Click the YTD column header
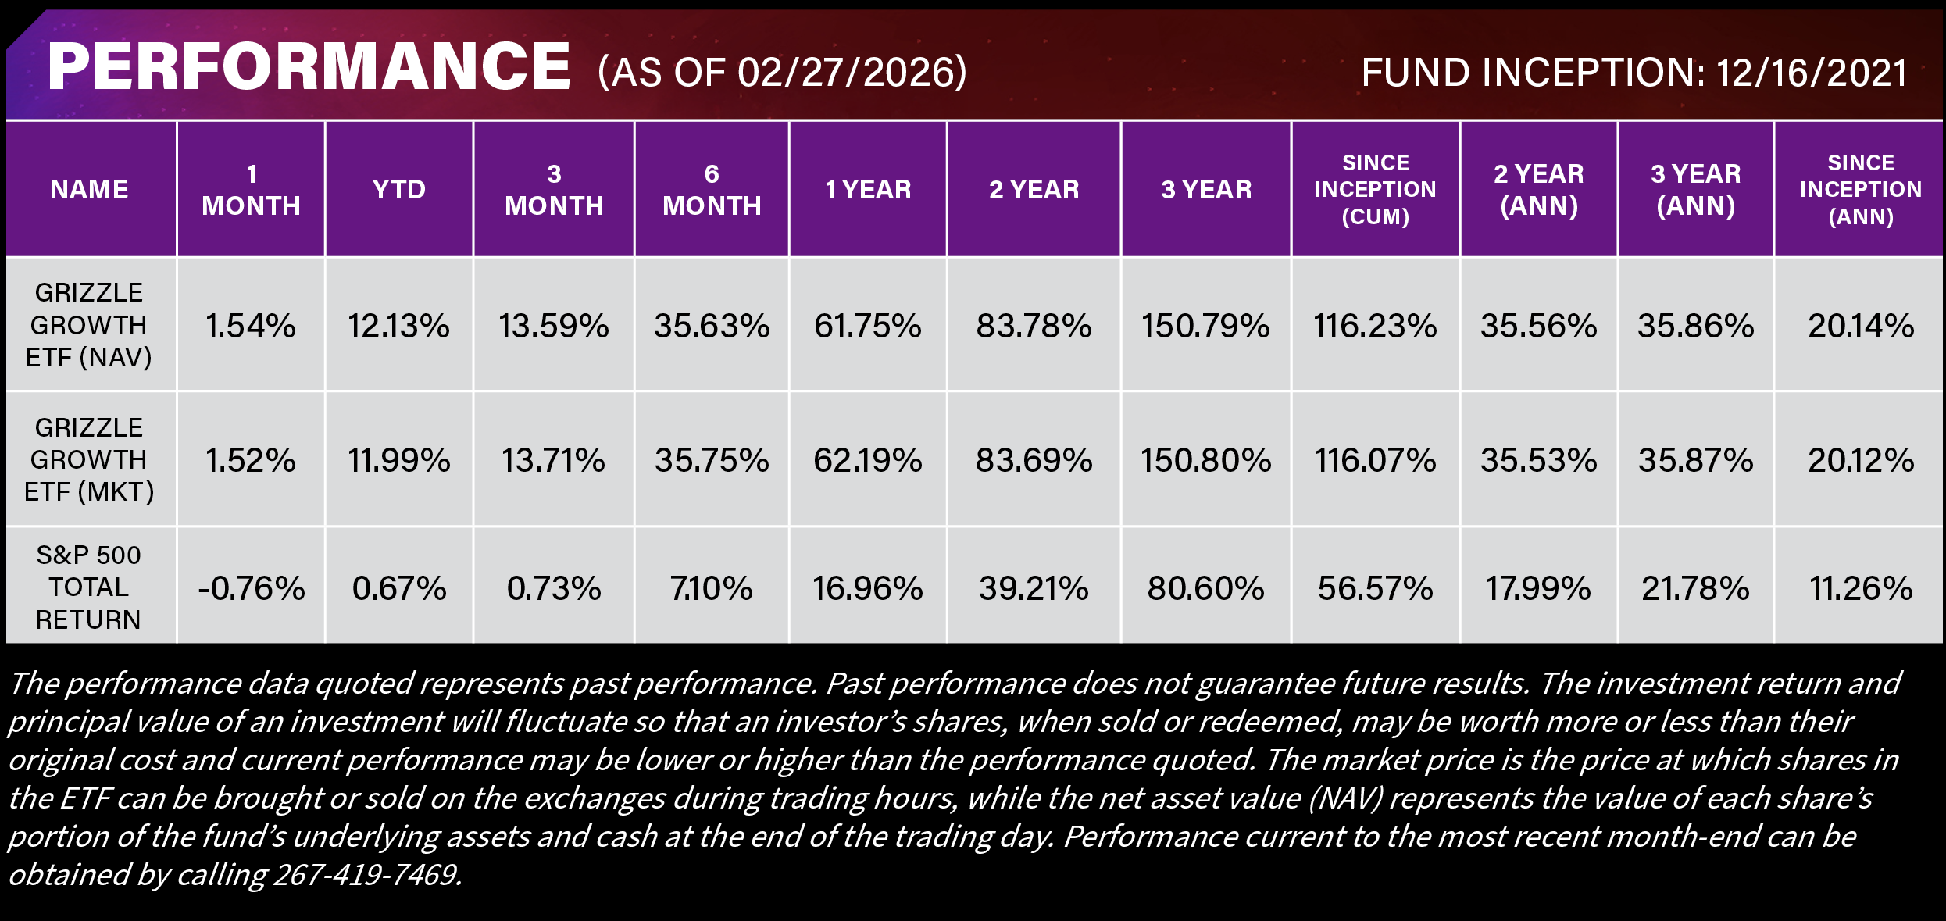click(x=398, y=189)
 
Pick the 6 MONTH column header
click(x=711, y=189)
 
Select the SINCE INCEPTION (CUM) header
click(x=1375, y=189)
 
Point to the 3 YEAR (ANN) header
click(x=1695, y=189)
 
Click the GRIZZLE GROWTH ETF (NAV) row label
click(x=89, y=324)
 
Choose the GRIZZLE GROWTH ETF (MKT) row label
click(x=89, y=459)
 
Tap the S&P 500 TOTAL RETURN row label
click(x=89, y=587)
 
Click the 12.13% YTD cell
click(x=398, y=326)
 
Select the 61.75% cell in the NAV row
click(x=867, y=326)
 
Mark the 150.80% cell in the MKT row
click(x=1205, y=460)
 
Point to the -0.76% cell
click(x=251, y=588)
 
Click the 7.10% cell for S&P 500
click(x=711, y=588)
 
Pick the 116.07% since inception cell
click(x=1375, y=460)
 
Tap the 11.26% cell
click(x=1860, y=588)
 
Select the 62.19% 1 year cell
click(x=867, y=460)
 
